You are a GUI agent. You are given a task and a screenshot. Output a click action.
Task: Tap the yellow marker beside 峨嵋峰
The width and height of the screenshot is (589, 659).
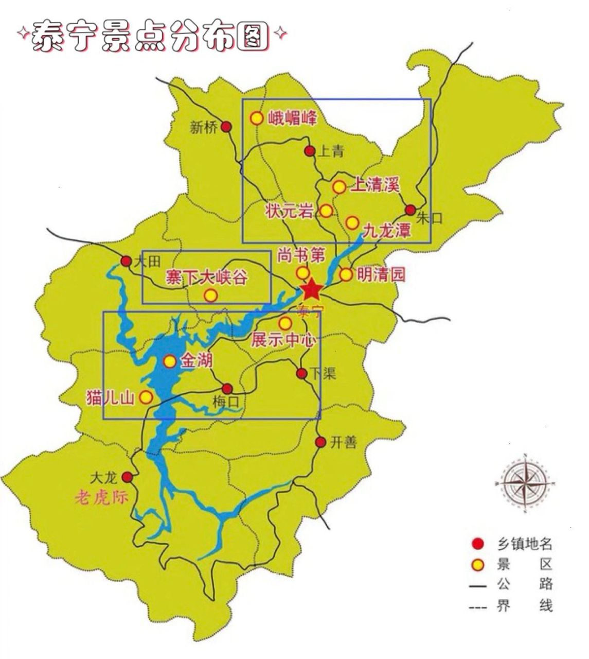[x=257, y=118]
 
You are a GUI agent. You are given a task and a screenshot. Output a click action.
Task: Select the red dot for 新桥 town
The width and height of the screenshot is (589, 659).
[x=226, y=127]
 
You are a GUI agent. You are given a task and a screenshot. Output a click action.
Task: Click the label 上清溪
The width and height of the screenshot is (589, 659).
[x=375, y=185]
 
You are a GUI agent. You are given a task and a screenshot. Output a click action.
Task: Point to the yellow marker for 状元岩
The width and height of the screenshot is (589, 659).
[x=326, y=211]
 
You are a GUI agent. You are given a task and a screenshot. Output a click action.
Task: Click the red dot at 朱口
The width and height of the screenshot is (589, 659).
[x=410, y=210]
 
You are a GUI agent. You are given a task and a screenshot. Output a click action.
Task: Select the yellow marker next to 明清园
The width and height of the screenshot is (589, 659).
[x=346, y=274]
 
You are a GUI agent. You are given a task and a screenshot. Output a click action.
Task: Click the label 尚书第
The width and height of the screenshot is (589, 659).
[x=301, y=254]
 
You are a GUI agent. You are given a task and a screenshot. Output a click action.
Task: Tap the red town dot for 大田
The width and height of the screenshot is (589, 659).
[x=126, y=261]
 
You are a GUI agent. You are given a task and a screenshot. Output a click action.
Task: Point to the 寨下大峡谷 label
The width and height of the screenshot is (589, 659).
[x=206, y=278]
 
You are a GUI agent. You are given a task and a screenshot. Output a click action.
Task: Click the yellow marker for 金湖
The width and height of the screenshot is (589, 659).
[x=170, y=361]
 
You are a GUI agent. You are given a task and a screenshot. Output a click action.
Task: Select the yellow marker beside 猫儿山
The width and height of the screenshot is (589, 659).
[x=147, y=397]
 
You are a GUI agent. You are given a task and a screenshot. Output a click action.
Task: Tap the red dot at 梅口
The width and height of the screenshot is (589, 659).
[x=227, y=389]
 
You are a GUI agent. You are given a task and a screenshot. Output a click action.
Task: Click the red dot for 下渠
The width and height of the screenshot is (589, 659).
[x=302, y=373]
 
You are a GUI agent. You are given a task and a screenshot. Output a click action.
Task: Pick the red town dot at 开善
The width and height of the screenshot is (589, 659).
[x=320, y=442]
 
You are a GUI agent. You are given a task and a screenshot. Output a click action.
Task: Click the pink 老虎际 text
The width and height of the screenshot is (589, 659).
[x=101, y=497]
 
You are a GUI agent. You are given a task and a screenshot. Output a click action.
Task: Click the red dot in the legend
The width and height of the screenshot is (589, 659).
[x=478, y=544]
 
